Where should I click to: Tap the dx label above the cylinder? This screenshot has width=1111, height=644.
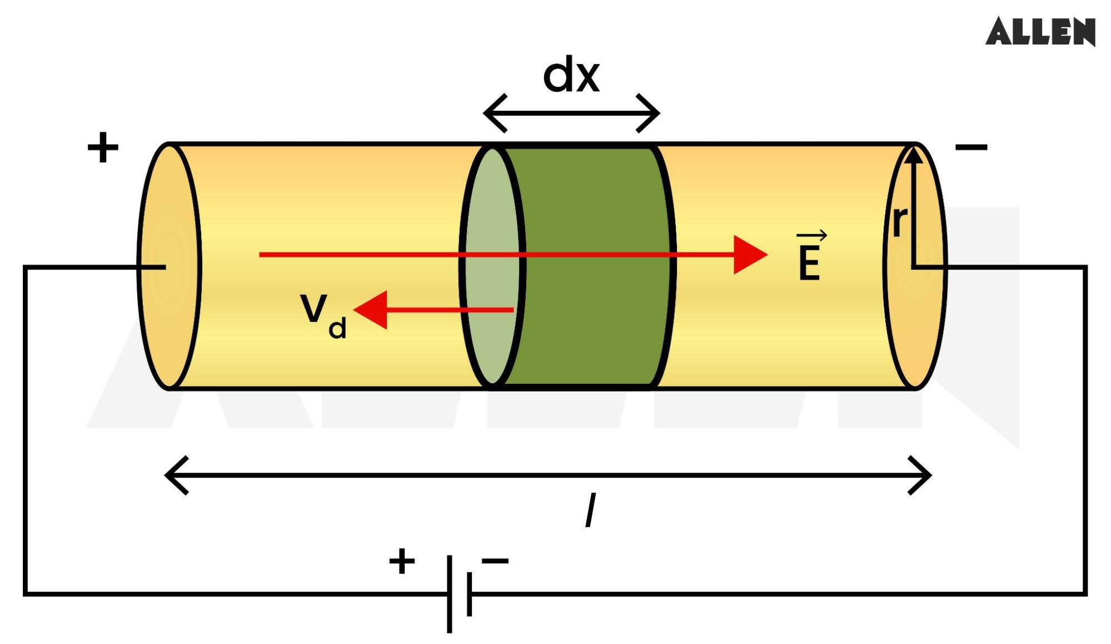tap(571, 75)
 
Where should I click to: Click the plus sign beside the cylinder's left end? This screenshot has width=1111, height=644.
tap(103, 147)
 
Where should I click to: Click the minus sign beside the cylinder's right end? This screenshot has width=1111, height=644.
tap(971, 147)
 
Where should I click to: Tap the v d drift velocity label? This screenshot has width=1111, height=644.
tap(322, 315)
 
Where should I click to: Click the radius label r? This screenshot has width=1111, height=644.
tap(899, 221)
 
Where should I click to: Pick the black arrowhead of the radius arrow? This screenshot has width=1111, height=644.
tap(913, 155)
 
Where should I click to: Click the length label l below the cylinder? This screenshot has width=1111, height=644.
tap(591, 509)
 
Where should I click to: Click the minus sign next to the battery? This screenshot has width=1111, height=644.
tap(495, 561)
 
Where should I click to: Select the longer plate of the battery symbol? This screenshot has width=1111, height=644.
tap(449, 593)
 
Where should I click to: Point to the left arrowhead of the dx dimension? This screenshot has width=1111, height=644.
tap(492, 113)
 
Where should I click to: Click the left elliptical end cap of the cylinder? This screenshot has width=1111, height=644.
tap(169, 266)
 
